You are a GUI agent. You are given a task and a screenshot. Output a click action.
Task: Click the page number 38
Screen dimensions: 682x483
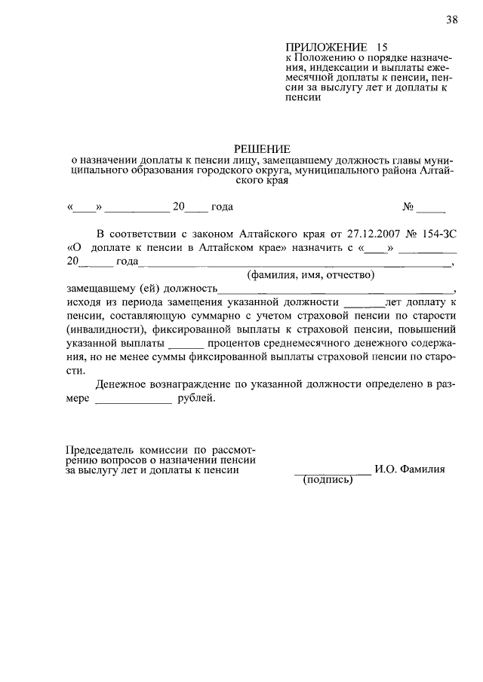point(451,20)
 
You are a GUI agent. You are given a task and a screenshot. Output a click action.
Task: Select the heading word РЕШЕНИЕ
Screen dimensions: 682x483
point(260,148)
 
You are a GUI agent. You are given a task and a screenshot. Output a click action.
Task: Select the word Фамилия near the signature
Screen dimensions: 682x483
point(424,469)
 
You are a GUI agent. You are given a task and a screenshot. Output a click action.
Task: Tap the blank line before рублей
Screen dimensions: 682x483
point(134,400)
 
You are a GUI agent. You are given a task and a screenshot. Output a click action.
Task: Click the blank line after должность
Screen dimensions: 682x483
point(336,290)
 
